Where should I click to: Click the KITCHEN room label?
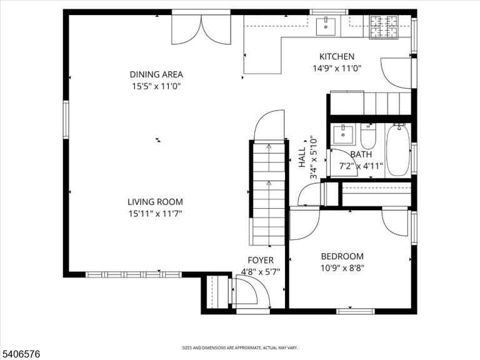(337, 57)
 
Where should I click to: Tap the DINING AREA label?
(156, 74)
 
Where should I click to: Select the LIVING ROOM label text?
(155, 202)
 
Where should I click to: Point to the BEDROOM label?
(342, 256)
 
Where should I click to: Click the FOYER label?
(261, 260)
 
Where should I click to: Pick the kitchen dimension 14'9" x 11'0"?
(337, 68)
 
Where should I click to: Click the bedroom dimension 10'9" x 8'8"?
(342, 268)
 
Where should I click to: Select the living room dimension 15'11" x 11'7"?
(155, 214)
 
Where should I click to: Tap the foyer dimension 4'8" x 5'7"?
(261, 272)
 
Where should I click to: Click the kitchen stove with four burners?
(384, 27)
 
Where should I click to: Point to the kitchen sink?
(326, 27)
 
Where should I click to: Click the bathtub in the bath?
(398, 150)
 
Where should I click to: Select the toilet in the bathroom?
(368, 136)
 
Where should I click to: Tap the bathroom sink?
(343, 134)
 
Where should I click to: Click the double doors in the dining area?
(201, 29)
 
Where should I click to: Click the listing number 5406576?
(20, 354)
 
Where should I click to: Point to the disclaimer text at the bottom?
(240, 347)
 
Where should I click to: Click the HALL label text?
(302, 157)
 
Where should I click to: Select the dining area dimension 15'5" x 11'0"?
(156, 86)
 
